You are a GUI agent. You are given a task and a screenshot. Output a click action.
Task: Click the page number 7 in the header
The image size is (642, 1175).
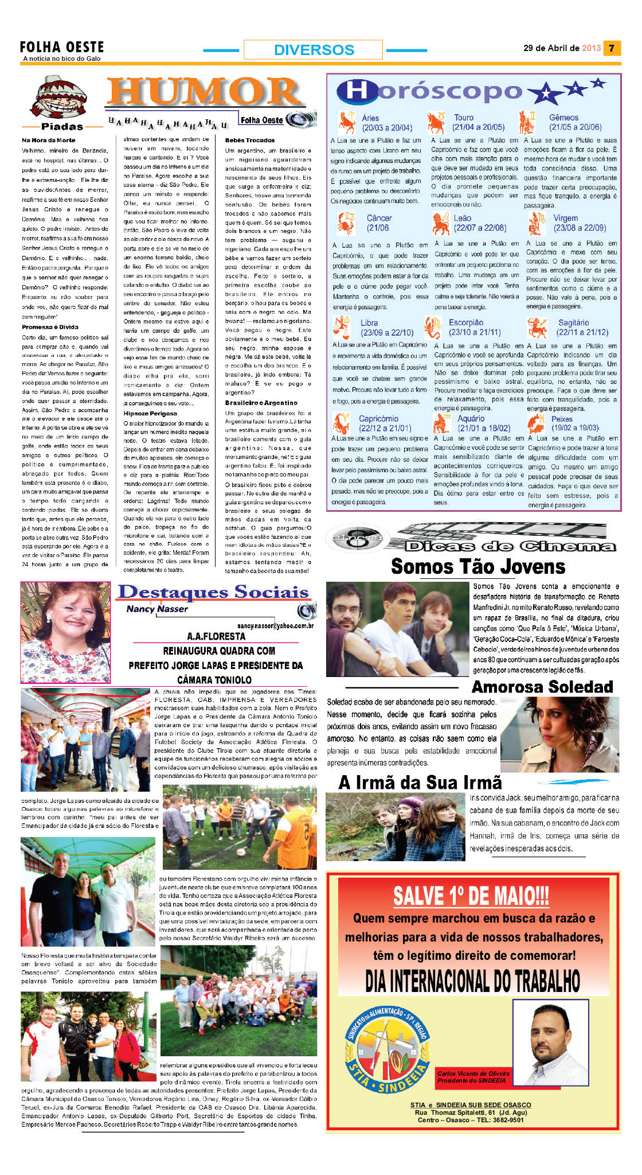click(x=612, y=48)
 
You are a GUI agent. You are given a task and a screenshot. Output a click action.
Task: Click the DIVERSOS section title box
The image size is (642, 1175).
click(x=313, y=49)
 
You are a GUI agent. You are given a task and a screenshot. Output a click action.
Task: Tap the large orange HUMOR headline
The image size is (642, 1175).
click(x=204, y=92)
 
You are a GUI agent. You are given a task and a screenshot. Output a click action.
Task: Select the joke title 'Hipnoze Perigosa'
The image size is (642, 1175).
click(x=150, y=413)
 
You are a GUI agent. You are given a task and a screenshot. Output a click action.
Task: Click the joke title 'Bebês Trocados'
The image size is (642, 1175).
click(x=250, y=140)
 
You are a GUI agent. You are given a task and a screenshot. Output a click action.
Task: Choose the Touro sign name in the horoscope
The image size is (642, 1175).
click(x=464, y=118)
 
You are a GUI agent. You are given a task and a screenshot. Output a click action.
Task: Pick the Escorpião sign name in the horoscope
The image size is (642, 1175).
click(x=466, y=322)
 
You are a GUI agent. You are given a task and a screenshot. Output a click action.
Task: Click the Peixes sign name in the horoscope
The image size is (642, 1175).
click(x=562, y=419)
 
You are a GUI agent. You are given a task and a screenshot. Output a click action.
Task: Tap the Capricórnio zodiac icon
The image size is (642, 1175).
click(x=342, y=423)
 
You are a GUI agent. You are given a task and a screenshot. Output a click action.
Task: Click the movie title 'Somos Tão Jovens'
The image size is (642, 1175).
click(x=478, y=567)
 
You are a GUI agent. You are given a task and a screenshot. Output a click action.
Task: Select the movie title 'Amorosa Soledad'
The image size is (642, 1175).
click(x=542, y=687)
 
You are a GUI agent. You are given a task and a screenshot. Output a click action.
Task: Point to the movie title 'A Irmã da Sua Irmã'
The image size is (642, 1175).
click(x=420, y=783)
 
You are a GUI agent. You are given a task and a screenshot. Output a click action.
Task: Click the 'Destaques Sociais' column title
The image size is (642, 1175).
click(x=213, y=592)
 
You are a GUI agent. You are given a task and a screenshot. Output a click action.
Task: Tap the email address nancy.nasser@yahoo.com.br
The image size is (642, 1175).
click(x=275, y=625)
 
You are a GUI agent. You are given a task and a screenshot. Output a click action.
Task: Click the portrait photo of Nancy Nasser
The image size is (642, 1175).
click(x=65, y=632)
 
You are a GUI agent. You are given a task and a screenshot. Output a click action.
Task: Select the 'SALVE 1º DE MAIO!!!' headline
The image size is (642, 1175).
click(x=471, y=896)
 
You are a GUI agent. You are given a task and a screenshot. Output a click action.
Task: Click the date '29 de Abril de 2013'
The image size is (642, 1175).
click(x=562, y=48)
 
